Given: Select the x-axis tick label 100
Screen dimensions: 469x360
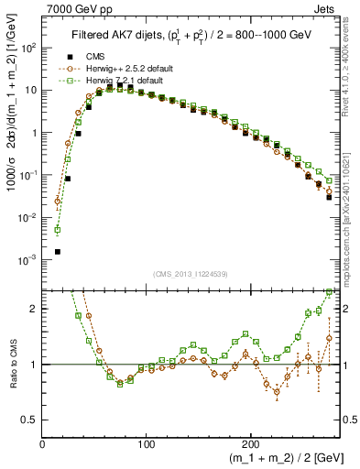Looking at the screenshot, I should click(x=147, y=443).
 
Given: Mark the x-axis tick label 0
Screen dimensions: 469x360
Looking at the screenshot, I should click(x=43, y=443).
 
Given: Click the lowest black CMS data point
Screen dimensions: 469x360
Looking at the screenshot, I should click(x=57, y=251).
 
